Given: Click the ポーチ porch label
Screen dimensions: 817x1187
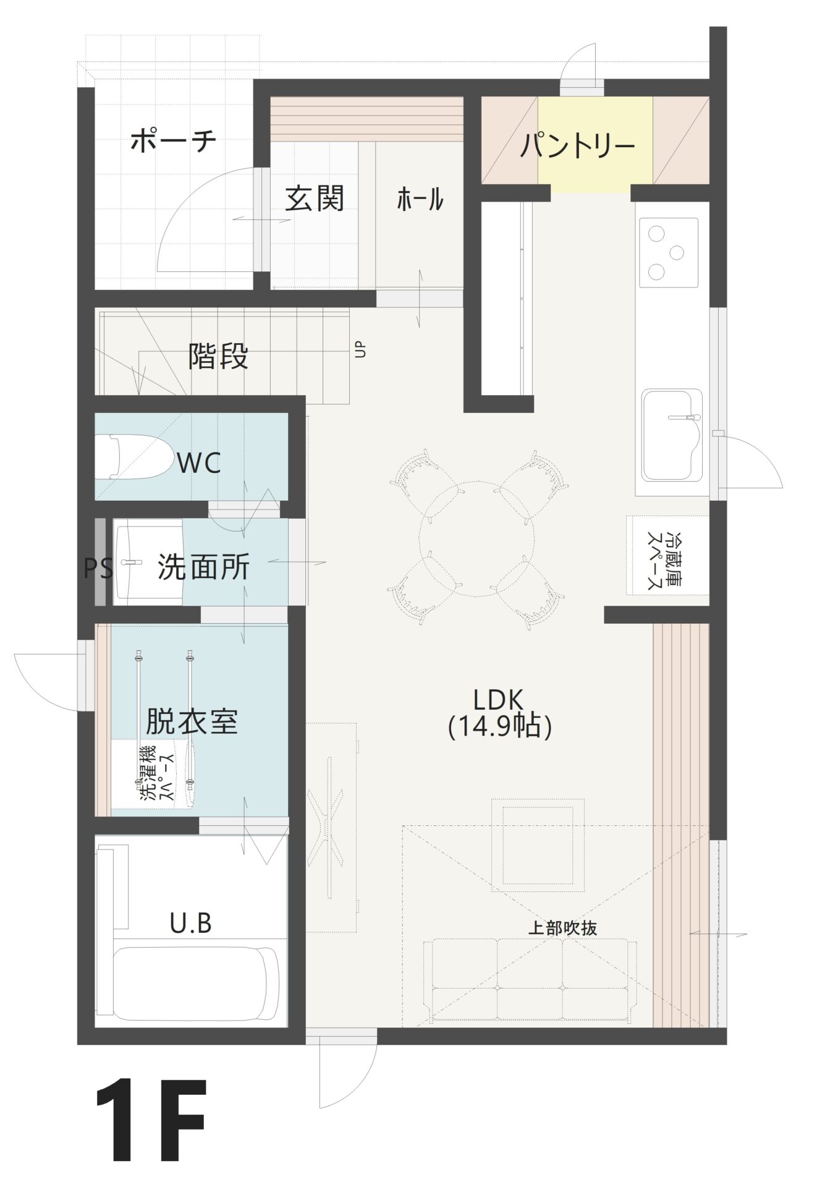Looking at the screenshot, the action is pyautogui.click(x=174, y=141).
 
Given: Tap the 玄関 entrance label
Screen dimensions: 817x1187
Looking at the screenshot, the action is pyautogui.click(x=315, y=199).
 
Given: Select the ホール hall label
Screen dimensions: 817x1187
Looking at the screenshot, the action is pyautogui.click(x=420, y=200).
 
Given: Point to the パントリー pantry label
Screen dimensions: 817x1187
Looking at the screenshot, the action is pyautogui.click(x=577, y=146).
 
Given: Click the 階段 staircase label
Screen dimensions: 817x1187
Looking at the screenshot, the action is pyautogui.click(x=219, y=356).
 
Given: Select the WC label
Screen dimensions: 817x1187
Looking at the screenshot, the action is pyautogui.click(x=199, y=463).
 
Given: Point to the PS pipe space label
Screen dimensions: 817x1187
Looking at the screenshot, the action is pyautogui.click(x=98, y=568).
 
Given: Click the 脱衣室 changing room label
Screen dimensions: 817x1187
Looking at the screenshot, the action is pyautogui.click(x=192, y=721).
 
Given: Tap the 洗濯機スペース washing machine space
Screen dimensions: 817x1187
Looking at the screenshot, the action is pyautogui.click(x=155, y=774).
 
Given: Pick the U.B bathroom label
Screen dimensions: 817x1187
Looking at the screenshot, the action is pyautogui.click(x=191, y=924).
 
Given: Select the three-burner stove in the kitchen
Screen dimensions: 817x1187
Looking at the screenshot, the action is pyautogui.click(x=669, y=252).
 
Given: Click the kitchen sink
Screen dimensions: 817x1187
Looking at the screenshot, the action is pyautogui.click(x=672, y=435).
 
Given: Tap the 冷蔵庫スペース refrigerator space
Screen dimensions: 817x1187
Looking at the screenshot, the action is pyautogui.click(x=666, y=555).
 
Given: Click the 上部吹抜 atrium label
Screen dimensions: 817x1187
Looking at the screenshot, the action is pyautogui.click(x=562, y=928).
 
